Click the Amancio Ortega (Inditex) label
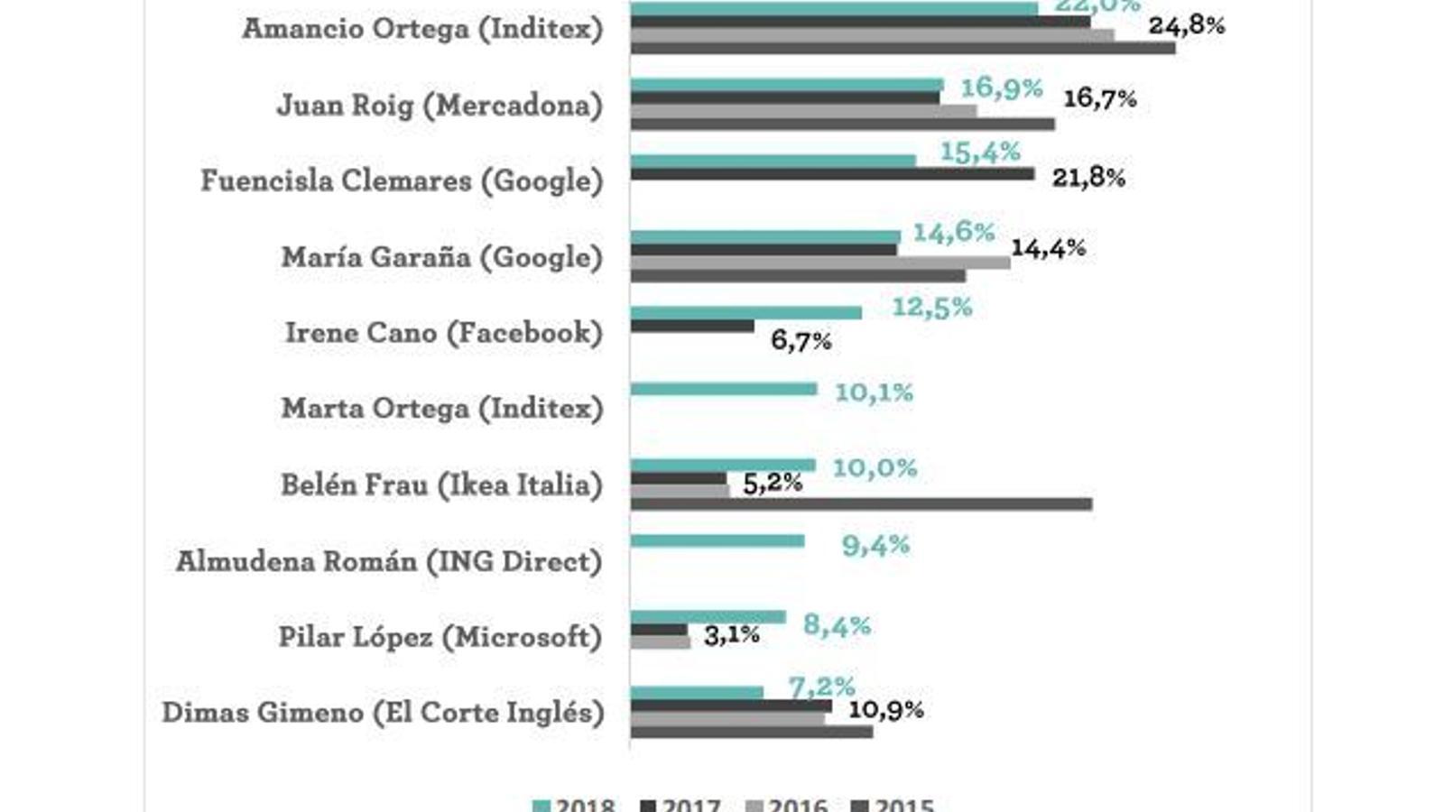[422, 29]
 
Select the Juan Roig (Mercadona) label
[440, 106]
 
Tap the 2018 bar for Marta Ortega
[724, 390]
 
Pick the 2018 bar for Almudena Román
[717, 541]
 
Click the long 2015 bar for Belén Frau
[861, 504]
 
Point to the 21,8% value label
[1088, 178]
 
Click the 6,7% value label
[801, 341]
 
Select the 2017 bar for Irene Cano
[692, 327]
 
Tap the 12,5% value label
[931, 308]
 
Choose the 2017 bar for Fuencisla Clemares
[832, 174]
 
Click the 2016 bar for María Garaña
[820, 263]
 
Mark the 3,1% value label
[731, 635]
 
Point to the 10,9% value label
[885, 710]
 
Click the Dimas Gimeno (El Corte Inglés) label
[383, 713]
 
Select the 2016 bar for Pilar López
[661, 643]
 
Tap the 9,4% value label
[875, 546]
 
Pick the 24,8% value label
[1186, 25]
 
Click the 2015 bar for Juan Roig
[842, 125]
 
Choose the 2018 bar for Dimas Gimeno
[697, 693]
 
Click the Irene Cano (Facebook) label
[444, 333]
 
